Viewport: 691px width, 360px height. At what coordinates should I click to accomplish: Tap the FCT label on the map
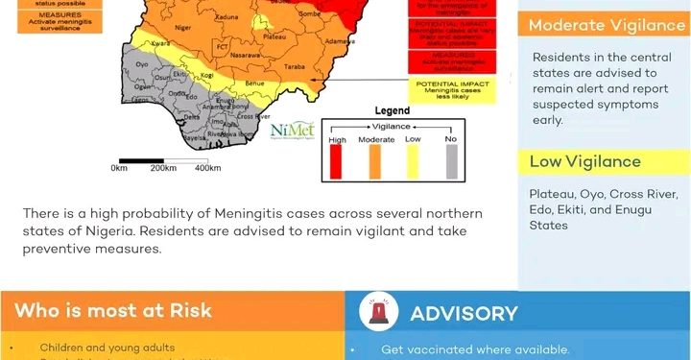(223, 45)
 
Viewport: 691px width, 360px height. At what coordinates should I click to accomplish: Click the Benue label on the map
(254, 84)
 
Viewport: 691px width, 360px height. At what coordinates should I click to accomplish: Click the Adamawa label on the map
(340, 43)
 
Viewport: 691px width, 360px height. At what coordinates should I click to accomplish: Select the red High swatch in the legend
(336, 161)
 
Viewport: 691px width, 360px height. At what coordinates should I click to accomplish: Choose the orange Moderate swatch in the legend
(375, 161)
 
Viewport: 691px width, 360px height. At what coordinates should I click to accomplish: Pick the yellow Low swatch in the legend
(413, 161)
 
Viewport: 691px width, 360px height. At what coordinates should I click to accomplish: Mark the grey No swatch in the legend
(451, 161)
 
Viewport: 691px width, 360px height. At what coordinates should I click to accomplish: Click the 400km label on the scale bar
(208, 168)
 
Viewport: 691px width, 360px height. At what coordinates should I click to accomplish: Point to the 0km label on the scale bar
(119, 168)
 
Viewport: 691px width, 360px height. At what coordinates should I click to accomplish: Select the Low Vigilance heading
(585, 161)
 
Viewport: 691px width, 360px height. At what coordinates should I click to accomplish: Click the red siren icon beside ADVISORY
(378, 312)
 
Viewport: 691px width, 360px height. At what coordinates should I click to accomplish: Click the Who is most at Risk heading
(113, 311)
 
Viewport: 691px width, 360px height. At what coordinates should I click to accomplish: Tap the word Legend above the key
(392, 111)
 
